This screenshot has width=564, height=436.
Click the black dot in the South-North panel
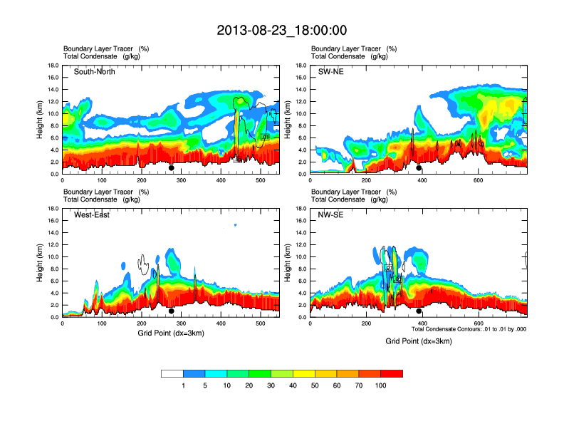point(171,168)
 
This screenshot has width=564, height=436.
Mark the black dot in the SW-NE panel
point(419,168)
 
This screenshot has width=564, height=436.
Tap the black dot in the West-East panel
point(171,311)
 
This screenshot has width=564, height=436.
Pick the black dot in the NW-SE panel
point(419,311)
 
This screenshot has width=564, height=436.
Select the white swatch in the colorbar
point(172,373)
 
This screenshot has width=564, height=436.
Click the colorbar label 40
point(293,385)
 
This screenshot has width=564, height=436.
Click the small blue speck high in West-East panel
point(235,224)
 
